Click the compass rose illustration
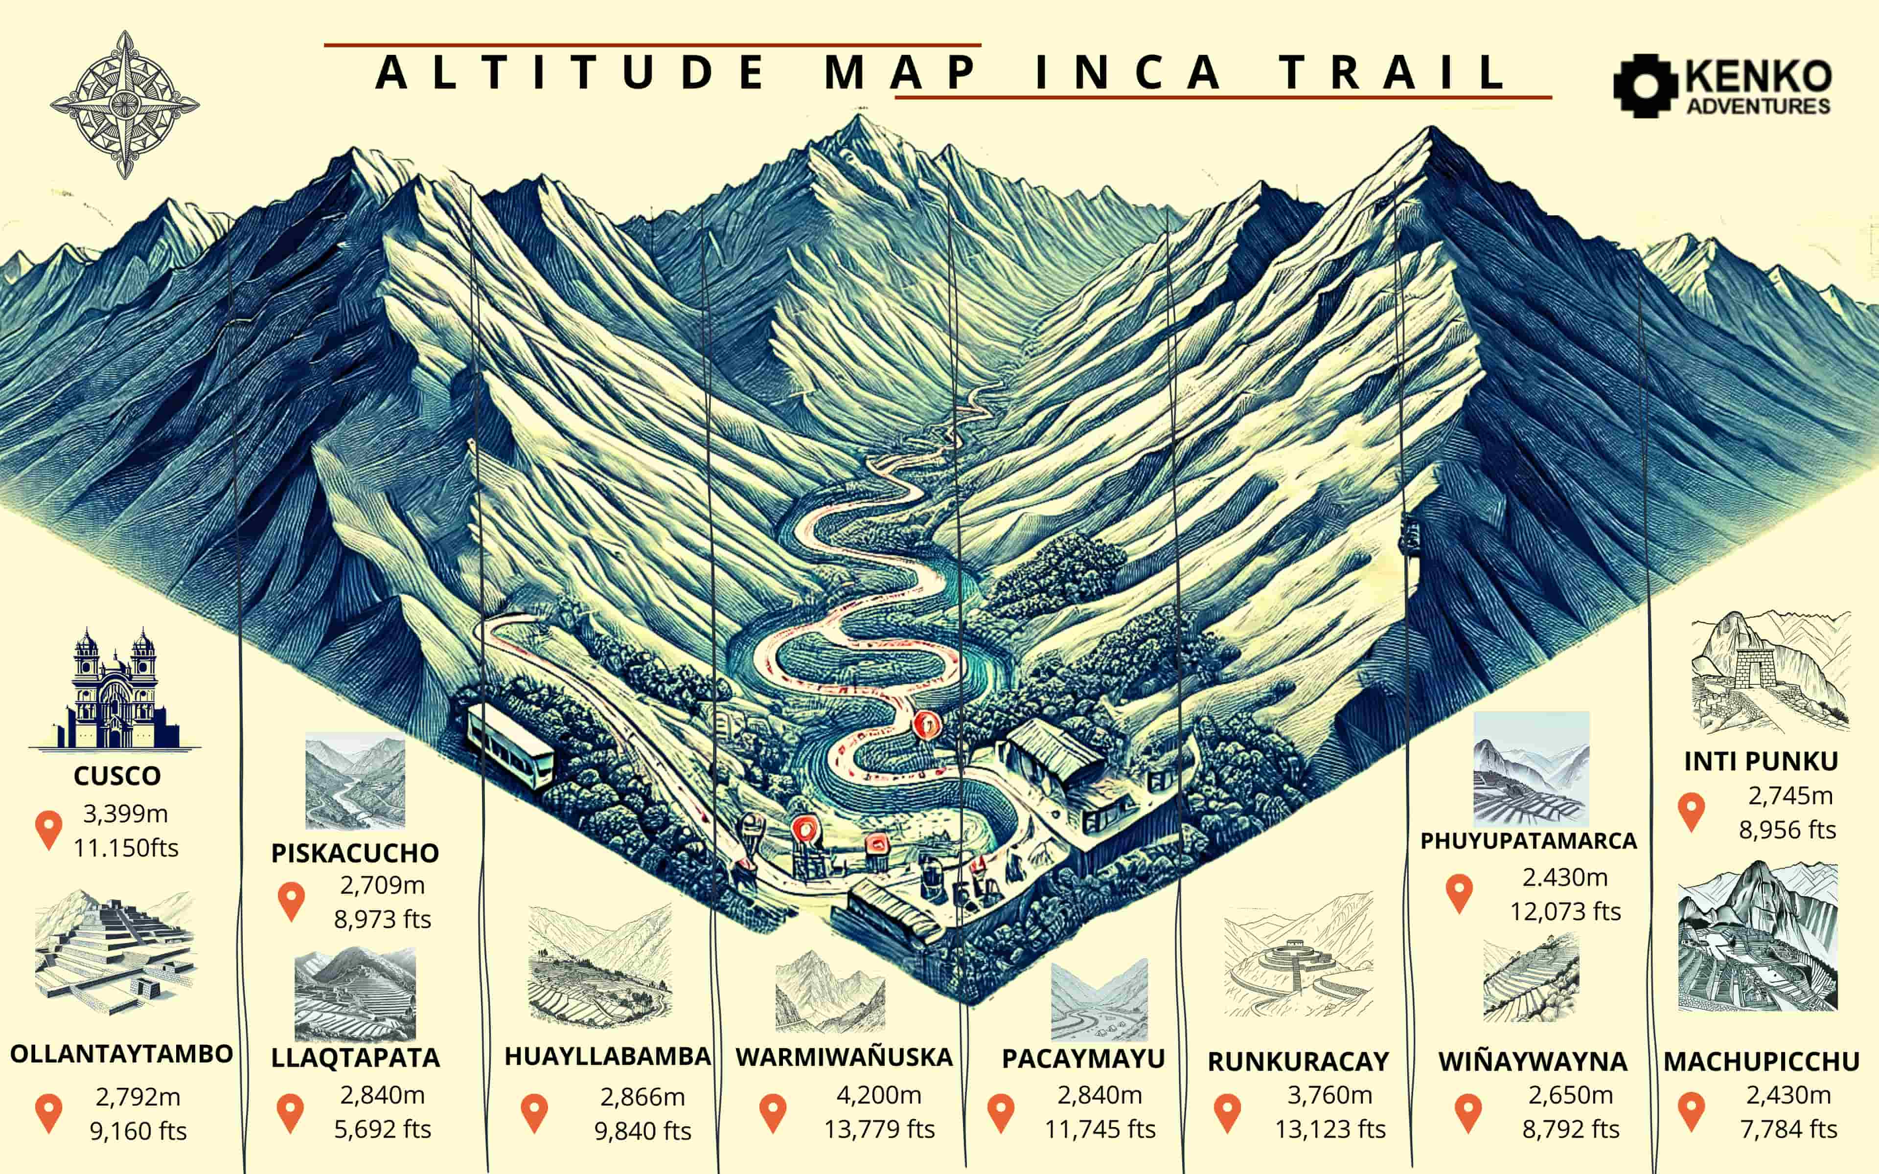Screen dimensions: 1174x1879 [x=124, y=105]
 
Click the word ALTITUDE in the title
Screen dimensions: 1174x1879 [x=571, y=72]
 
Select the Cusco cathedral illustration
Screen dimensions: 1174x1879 [x=115, y=691]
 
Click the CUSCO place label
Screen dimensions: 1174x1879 [x=117, y=776]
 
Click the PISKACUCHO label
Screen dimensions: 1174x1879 [x=355, y=853]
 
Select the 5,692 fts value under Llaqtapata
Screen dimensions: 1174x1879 [x=382, y=1129]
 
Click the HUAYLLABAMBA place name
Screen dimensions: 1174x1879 [x=607, y=1056]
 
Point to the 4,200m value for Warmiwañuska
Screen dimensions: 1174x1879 [x=878, y=1095]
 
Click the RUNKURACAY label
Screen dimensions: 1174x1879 [x=1298, y=1061]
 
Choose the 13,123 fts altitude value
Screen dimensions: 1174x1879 [x=1329, y=1129]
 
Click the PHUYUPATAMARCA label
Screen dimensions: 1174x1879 [x=1528, y=841]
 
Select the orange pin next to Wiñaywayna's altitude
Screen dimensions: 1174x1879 [x=1467, y=1113]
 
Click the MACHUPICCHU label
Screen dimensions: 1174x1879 [x=1761, y=1061]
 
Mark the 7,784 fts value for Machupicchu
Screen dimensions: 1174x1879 [x=1788, y=1129]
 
